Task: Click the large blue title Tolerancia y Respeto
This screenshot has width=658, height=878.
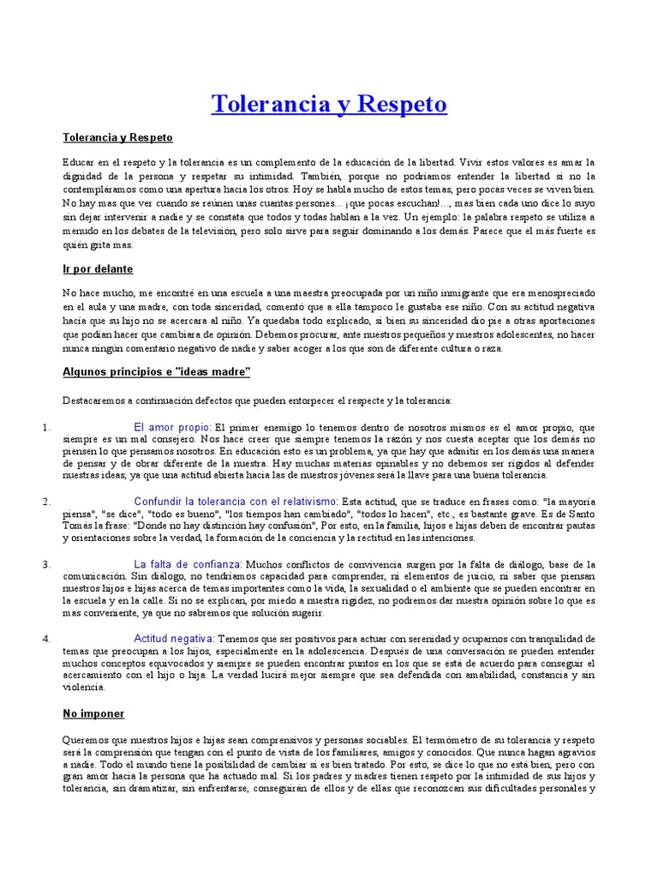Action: pyautogui.click(x=329, y=105)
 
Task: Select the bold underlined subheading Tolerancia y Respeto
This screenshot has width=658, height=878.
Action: pyautogui.click(x=118, y=137)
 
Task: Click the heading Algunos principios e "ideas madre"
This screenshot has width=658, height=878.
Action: pyautogui.click(x=156, y=371)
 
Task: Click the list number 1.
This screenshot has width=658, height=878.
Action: pyautogui.click(x=48, y=426)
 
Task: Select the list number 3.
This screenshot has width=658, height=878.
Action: pyautogui.click(x=48, y=564)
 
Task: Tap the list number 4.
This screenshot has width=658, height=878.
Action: pyautogui.click(x=48, y=639)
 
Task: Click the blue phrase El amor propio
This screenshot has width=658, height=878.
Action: pyautogui.click(x=172, y=426)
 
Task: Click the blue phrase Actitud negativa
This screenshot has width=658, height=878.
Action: pyautogui.click(x=174, y=639)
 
